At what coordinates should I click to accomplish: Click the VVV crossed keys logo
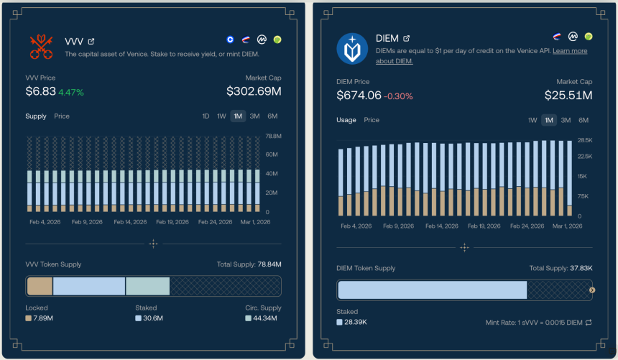[x=42, y=47]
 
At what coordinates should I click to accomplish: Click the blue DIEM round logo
[x=352, y=48]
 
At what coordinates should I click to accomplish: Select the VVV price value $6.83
[x=40, y=91]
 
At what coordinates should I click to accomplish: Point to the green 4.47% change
[x=71, y=92]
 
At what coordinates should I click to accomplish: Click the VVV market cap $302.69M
[x=253, y=91]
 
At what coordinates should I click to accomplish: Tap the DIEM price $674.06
[x=358, y=96]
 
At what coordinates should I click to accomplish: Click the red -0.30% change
[x=398, y=96]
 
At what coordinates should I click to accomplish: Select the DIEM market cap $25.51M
[x=568, y=96]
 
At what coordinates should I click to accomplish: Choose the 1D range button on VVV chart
[x=206, y=116]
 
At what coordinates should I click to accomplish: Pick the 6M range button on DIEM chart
[x=583, y=120]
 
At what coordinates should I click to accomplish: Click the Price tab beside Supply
[x=62, y=116]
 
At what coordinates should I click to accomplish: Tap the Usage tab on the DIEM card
[x=346, y=120]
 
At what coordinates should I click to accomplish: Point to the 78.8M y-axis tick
[x=273, y=136]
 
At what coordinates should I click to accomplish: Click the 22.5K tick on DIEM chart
[x=585, y=156]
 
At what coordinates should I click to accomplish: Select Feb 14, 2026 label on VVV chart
[x=129, y=222]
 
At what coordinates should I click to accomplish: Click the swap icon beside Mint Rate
[x=589, y=323]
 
